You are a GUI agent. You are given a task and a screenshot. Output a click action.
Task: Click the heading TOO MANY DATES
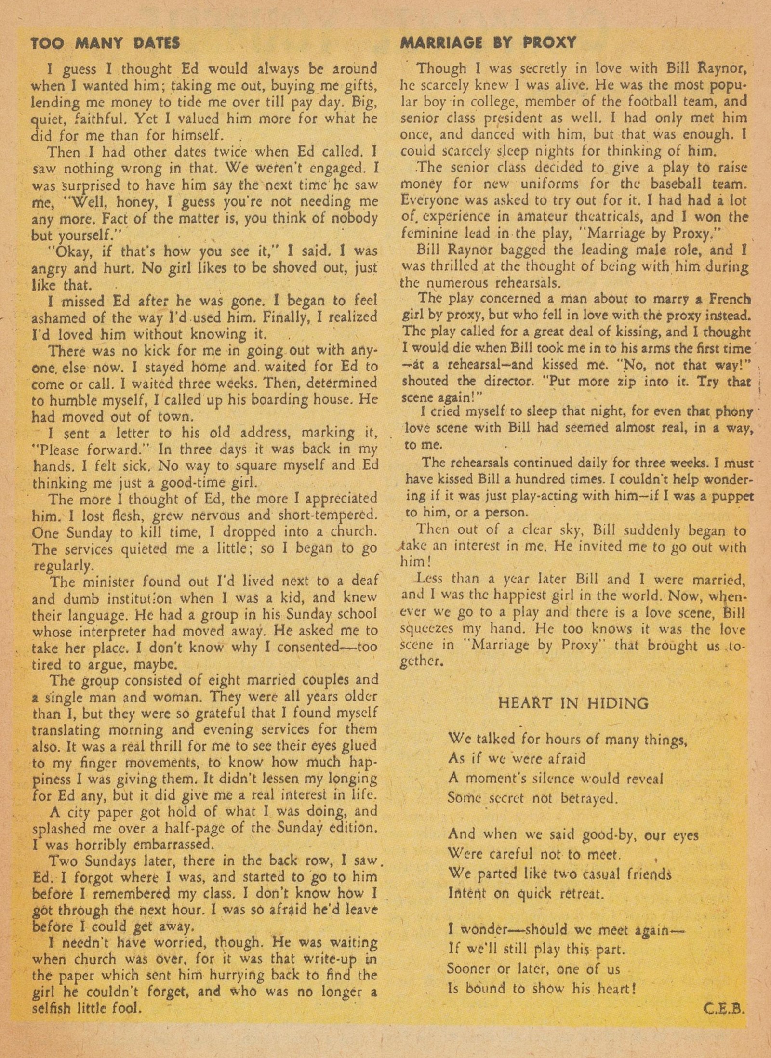[x=105, y=43]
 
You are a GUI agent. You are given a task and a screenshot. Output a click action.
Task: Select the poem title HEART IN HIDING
[x=573, y=703]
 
